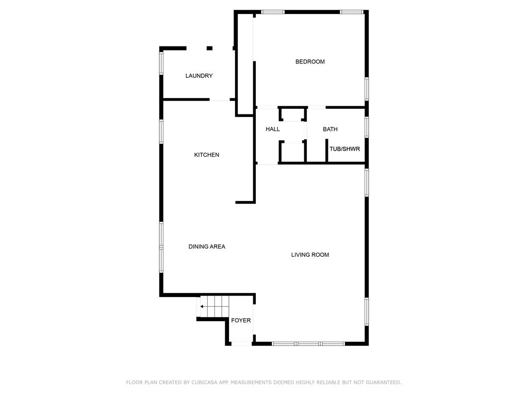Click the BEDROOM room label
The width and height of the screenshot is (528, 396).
pos(310,62)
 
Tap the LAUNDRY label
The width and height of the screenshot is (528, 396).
pos(199,76)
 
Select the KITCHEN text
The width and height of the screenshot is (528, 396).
pos(206,155)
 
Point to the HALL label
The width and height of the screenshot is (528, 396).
pos(272,129)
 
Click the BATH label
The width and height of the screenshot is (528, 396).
pos(330,129)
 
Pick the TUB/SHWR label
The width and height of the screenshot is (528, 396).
pos(344,149)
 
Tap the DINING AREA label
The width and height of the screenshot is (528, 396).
pos(207,246)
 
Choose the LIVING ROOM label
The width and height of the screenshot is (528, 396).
pos(310,255)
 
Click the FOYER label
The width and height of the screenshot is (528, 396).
pos(241,320)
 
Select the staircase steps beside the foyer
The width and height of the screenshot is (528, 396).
pos(214,306)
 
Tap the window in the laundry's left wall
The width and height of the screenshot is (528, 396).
pos(161,63)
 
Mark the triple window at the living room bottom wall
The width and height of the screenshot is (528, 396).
pos(308,343)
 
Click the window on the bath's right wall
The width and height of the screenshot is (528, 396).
pos(367,127)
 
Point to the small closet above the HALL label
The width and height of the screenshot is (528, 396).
pos(293,114)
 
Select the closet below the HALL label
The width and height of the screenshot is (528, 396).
pos(292,152)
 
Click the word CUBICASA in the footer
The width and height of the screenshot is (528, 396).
pos(204,382)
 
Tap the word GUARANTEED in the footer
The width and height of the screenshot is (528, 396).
pos(384,382)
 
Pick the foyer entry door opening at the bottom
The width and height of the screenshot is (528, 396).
pos(242,343)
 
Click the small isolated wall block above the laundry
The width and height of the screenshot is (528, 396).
pos(209,48)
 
